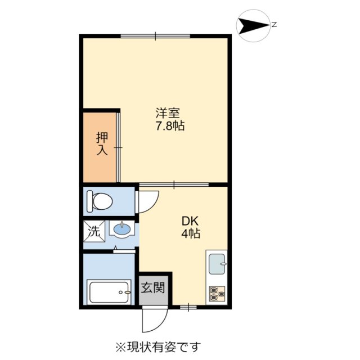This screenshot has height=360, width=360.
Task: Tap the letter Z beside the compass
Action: click(x=273, y=25)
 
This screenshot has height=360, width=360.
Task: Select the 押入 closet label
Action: click(x=101, y=143)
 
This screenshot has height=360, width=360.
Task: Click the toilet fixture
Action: click(x=100, y=200)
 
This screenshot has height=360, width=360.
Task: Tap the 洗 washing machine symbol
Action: click(x=93, y=231)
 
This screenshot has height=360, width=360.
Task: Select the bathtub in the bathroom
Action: click(x=109, y=292)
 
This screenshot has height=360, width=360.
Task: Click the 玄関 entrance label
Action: click(x=153, y=289)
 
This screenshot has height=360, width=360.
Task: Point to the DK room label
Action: click(x=187, y=220)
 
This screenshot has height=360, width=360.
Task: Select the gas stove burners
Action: click(x=217, y=292)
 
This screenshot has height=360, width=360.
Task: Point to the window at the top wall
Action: click(x=156, y=36)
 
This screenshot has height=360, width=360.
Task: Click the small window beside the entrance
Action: click(x=188, y=307)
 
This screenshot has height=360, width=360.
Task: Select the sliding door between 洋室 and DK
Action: click(x=174, y=184)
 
